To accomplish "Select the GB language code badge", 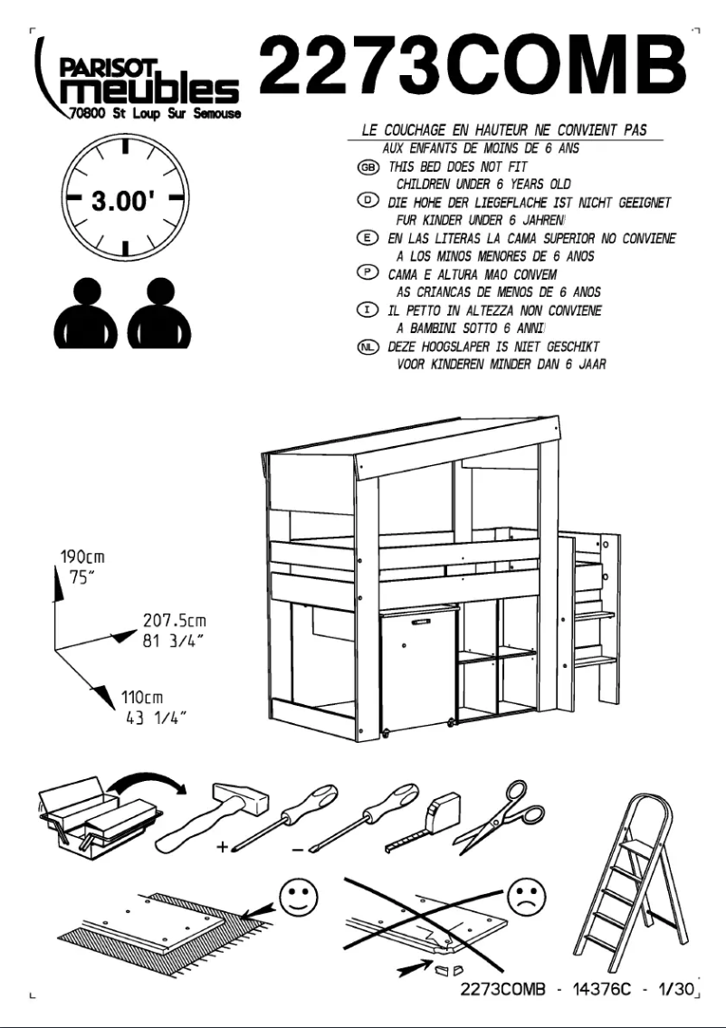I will tap(368, 167).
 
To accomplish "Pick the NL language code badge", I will tap(368, 347).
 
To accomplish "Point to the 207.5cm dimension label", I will tap(175, 621).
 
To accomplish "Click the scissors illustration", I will tap(501, 815).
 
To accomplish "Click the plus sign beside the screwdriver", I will tap(222, 848).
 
